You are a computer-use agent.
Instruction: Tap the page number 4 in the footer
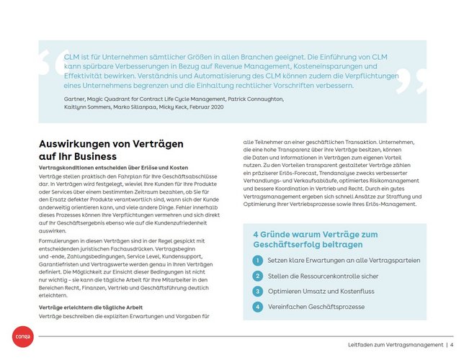[x=451, y=344]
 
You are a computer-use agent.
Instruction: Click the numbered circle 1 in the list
[x=258, y=260]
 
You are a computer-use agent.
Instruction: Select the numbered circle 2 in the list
[x=258, y=276]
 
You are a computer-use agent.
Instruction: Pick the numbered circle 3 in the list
[x=258, y=291]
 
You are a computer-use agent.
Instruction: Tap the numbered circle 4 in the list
[x=258, y=307]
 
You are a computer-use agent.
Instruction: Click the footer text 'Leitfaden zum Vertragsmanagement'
[x=395, y=344]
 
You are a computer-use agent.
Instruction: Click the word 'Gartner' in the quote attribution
[x=76, y=98]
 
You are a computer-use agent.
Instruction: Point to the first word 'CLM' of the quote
[x=72, y=55]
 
